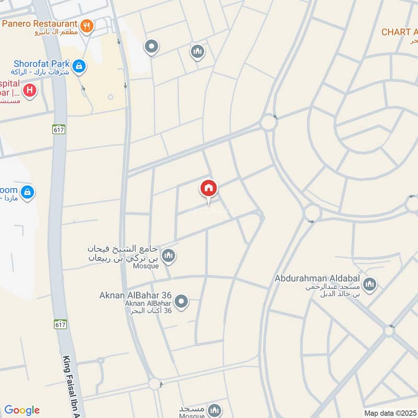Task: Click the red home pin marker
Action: [208, 189]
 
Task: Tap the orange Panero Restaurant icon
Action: [87, 25]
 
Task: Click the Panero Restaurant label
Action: [40, 24]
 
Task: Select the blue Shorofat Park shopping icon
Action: [79, 66]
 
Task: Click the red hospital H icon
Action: [30, 90]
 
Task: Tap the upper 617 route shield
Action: [59, 129]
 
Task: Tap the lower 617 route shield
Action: [61, 324]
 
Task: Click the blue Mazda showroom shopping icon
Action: [28, 192]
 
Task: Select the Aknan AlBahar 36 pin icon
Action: [181, 301]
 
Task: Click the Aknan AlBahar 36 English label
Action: [135, 295]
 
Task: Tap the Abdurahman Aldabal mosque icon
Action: [370, 284]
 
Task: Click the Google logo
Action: [22, 410]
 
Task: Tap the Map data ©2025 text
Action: [390, 413]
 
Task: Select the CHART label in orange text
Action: [399, 32]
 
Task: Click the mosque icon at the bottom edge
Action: [213, 411]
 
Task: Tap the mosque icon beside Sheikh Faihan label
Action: [168, 256]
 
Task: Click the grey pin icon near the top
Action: [152, 47]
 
